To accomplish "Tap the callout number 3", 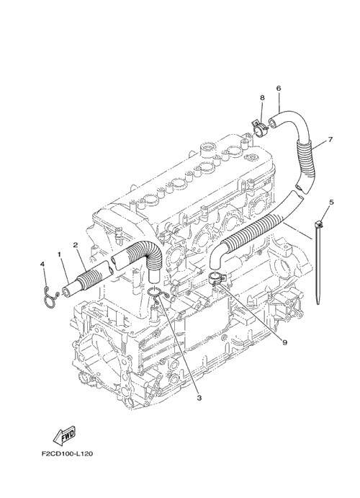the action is tap(199, 397).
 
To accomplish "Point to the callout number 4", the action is tap(42, 264).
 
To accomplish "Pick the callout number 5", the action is tap(331, 201).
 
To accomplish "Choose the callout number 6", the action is tap(279, 88).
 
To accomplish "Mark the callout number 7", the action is tap(330, 139).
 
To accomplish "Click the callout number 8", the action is tap(262, 97).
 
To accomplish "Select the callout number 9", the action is tap(284, 342).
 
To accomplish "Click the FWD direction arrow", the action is tap(64, 435).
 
